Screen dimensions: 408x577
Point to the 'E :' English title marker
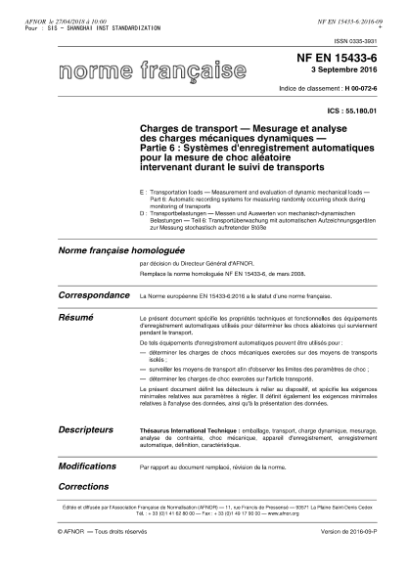145,195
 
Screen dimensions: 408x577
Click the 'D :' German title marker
145,210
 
